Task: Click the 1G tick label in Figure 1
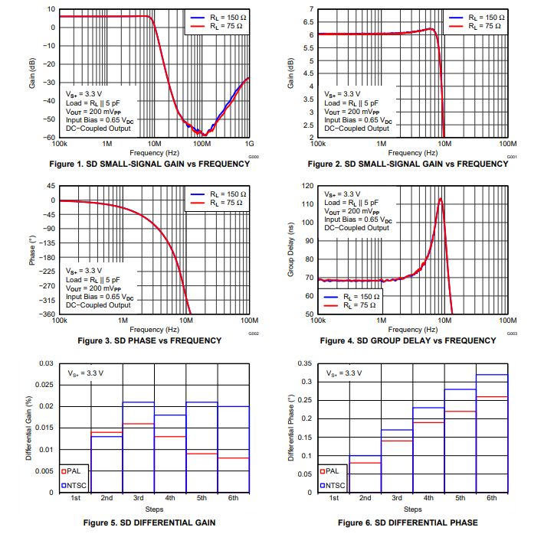click(249, 143)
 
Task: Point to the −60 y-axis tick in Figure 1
click(47, 138)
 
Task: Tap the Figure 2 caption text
click(408, 164)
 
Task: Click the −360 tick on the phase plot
click(47, 314)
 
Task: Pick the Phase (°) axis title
click(33, 250)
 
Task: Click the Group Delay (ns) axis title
click(292, 250)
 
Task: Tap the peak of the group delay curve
click(441, 199)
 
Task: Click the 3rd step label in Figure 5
click(138, 499)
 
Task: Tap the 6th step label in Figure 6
click(491, 499)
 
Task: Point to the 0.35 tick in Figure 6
click(306, 363)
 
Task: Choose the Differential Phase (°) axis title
click(292, 428)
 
